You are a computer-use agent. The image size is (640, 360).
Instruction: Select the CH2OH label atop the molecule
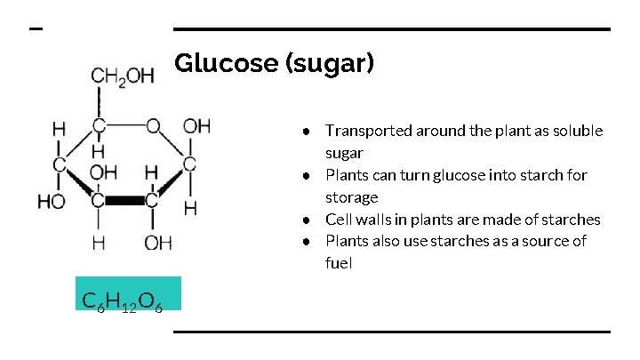121,76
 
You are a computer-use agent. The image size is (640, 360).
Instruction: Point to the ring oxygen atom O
153,126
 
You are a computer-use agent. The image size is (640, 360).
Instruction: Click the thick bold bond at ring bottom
125,200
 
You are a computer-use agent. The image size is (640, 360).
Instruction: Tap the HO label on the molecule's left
51,201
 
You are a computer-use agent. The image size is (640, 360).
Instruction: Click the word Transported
368,131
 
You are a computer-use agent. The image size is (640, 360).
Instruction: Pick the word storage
351,196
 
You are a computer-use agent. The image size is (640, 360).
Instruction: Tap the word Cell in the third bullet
339,219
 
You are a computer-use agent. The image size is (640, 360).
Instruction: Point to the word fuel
339,263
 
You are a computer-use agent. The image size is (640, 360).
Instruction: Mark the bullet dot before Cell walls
305,220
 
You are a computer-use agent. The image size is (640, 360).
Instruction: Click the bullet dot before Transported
305,132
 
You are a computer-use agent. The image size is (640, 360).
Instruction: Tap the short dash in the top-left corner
36,29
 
